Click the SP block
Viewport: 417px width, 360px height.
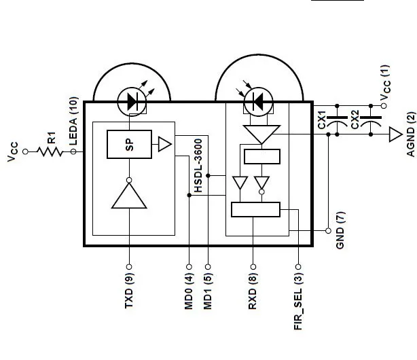pos(130,143)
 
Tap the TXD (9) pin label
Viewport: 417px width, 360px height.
pos(129,291)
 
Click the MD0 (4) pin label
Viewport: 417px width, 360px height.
pos(189,291)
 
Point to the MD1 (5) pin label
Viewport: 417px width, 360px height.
pos(208,291)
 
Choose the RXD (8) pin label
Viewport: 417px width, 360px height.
pos(253,291)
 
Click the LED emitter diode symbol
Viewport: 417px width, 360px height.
pos(129,102)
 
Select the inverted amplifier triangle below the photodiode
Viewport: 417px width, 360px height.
pos(261,134)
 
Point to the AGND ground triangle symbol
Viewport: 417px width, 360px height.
pos(395,134)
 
